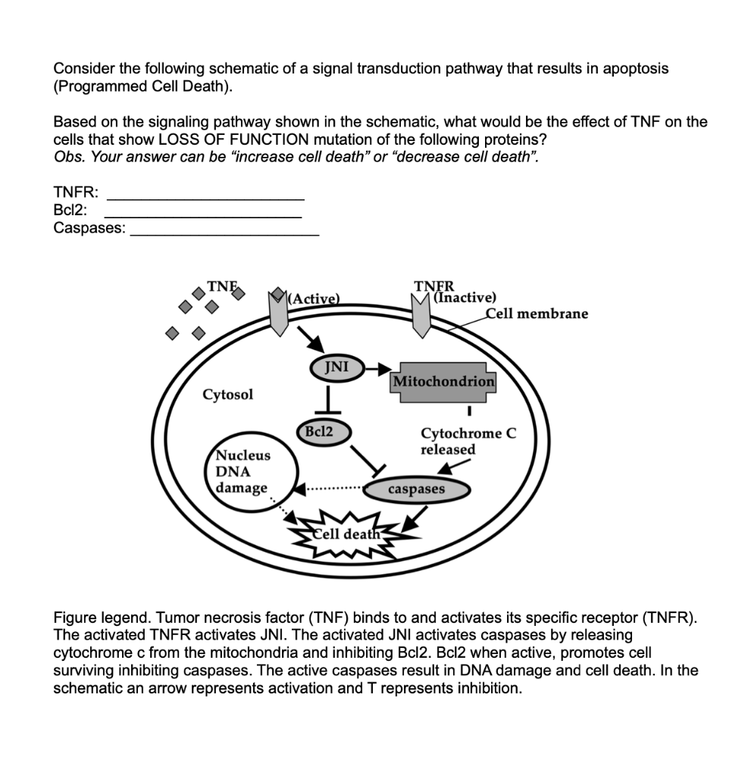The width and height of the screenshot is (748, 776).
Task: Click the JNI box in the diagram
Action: coord(336,368)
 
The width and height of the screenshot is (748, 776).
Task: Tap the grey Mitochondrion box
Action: coord(443,381)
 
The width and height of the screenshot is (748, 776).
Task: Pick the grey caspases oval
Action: coord(417,490)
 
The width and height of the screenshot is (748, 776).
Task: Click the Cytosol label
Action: coord(228,395)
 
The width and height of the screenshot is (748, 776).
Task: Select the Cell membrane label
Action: coord(537,314)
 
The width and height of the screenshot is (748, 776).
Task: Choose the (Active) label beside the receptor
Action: coord(313,297)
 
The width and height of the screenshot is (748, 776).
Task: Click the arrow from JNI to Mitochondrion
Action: coord(377,368)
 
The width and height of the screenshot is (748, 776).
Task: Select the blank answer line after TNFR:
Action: coord(205,198)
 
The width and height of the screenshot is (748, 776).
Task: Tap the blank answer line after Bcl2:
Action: coord(202,217)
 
